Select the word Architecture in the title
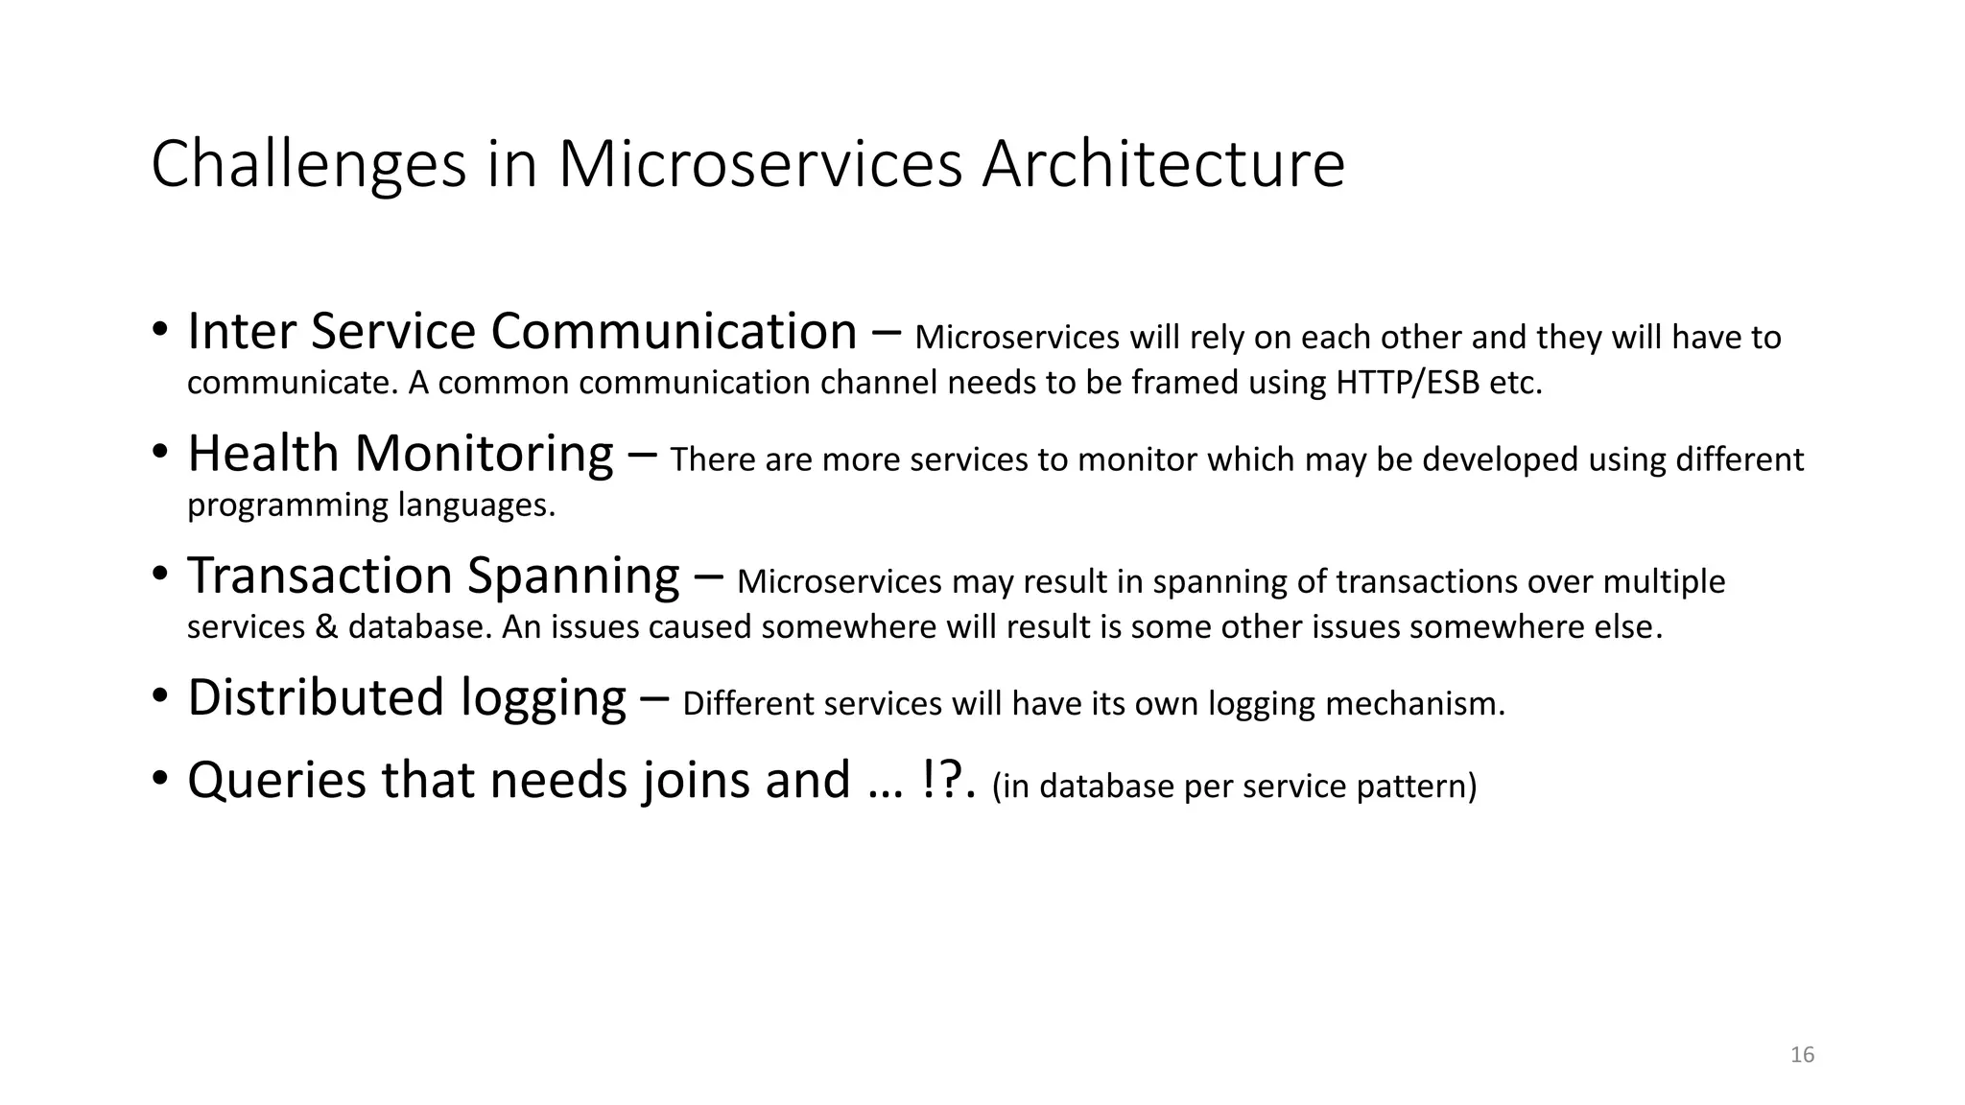coord(1163,165)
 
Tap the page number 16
coord(1802,1055)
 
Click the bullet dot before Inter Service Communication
coord(160,332)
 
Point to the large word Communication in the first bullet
coord(674,332)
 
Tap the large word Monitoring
coord(484,456)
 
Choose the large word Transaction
coord(320,576)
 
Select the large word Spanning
coord(573,577)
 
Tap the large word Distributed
coord(316,697)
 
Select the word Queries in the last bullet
coord(276,781)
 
